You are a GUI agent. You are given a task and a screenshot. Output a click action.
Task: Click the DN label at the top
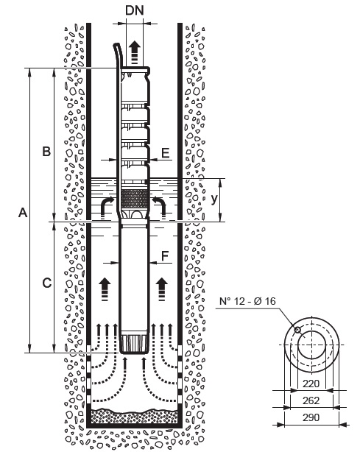tap(134, 10)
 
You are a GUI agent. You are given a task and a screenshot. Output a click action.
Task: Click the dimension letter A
tap(23, 213)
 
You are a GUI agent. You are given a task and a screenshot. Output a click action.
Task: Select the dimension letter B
tap(46, 151)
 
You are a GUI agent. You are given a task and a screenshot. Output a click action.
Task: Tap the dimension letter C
tap(46, 283)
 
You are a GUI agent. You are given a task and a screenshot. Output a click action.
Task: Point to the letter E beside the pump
tap(166, 153)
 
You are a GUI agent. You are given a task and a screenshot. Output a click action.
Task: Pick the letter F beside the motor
tap(165, 255)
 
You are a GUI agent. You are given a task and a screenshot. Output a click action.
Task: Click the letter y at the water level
tap(214, 199)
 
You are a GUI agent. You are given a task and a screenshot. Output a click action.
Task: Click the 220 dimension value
tap(311, 384)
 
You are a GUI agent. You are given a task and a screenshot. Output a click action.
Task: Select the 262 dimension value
tap(311, 400)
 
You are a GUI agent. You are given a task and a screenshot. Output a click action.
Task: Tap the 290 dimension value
tap(311, 417)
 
